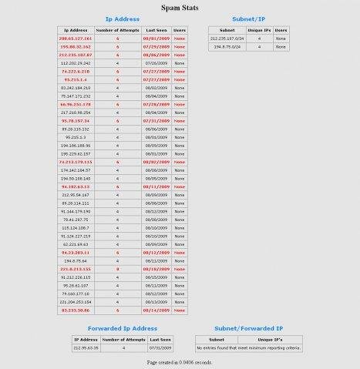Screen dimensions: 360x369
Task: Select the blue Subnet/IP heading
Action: tap(248, 18)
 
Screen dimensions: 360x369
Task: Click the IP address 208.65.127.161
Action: tap(74, 37)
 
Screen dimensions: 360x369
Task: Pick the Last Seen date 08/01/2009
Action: tap(156, 37)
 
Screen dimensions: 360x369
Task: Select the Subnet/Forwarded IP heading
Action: tap(248, 328)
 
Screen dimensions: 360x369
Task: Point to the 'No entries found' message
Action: tap(248, 347)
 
